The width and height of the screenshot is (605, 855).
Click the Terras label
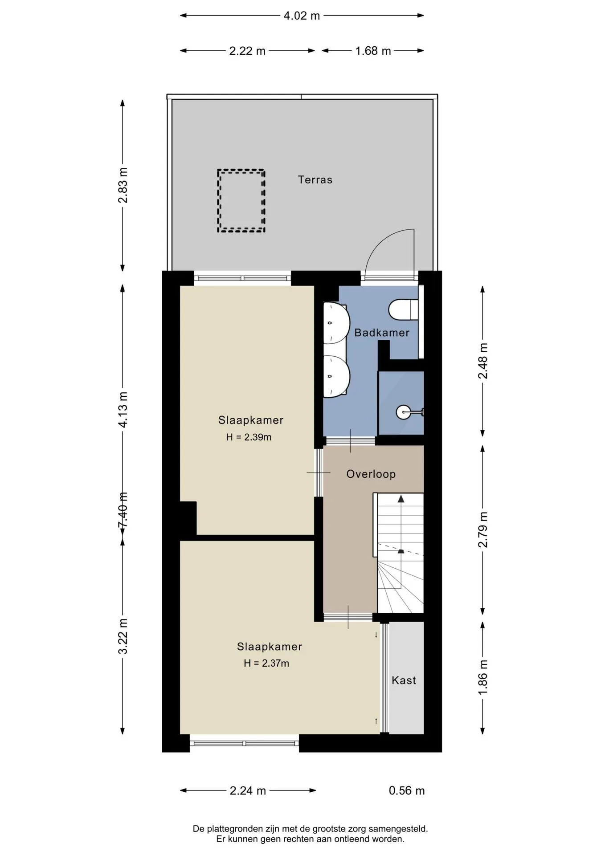click(x=315, y=180)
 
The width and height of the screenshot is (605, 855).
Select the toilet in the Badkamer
click(x=404, y=309)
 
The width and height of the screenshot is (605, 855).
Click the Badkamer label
click(x=382, y=333)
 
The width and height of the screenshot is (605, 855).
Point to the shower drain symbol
click(x=402, y=412)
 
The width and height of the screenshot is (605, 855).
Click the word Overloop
click(x=371, y=474)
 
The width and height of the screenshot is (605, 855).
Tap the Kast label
click(x=404, y=680)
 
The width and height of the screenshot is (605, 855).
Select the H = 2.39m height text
click(x=249, y=437)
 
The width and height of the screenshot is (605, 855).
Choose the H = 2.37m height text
click(x=266, y=663)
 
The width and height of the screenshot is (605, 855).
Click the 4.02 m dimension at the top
click(x=302, y=16)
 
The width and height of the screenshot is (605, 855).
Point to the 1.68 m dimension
click(x=373, y=51)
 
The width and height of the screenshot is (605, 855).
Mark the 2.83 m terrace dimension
click(x=123, y=185)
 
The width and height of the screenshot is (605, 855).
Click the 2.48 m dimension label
click(x=482, y=361)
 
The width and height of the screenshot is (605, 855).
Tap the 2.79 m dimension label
click(x=482, y=529)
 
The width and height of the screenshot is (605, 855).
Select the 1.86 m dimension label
click(x=482, y=677)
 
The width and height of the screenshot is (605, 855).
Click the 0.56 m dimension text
click(x=407, y=790)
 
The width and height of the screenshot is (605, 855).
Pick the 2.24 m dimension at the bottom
click(x=248, y=790)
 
